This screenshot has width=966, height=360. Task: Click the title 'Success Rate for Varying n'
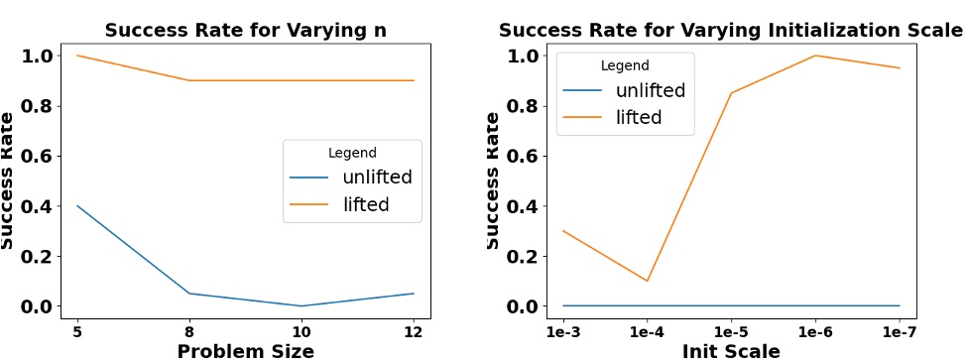(245, 30)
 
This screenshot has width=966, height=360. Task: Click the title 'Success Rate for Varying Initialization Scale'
(730, 30)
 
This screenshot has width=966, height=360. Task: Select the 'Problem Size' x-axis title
(245, 350)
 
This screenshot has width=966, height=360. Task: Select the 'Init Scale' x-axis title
(730, 350)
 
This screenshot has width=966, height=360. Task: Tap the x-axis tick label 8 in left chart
(189, 328)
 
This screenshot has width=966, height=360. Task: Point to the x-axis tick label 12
(414, 328)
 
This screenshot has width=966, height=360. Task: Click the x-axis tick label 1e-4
(647, 328)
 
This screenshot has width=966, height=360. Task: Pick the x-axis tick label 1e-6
(815, 328)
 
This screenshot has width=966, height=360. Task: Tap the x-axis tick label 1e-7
(900, 328)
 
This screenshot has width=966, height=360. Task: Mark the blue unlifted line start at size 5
(77, 206)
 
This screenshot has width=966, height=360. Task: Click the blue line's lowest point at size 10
(302, 305)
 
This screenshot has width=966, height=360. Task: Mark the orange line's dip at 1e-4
(647, 281)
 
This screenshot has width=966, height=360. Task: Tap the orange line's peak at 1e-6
(815, 56)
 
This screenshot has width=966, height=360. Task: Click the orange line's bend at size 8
(189, 80)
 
